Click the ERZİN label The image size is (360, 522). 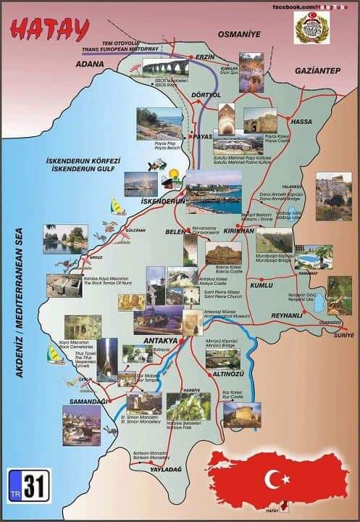[206, 57]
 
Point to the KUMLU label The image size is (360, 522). [261, 286]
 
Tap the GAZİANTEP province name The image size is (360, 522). [317, 70]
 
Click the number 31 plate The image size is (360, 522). [29, 486]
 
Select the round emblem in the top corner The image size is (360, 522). [311, 27]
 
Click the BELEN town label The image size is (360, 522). [176, 232]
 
